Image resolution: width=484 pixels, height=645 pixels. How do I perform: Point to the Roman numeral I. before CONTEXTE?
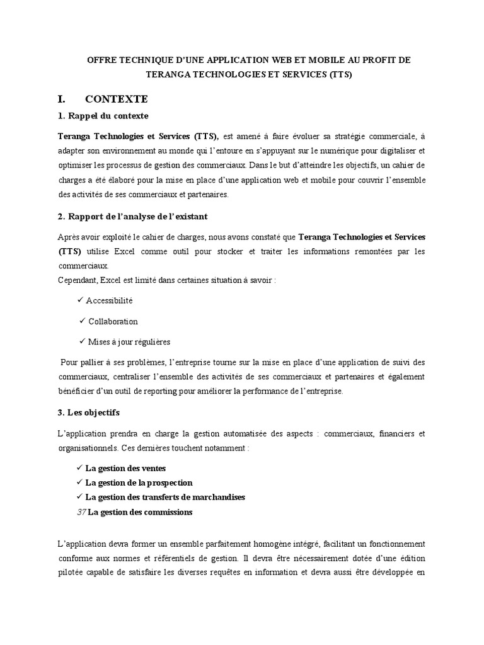(62, 99)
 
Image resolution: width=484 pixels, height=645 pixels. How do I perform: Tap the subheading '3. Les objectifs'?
(93, 413)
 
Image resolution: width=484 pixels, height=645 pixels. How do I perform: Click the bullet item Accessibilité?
(110, 300)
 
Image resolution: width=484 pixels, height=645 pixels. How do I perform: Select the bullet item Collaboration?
(113, 321)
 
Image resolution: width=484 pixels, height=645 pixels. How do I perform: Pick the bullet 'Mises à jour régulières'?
(129, 342)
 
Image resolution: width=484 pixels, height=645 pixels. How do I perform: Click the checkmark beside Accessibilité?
(80, 300)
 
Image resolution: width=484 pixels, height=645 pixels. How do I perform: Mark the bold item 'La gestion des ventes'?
(125, 469)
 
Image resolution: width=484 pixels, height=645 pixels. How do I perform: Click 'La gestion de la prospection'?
(139, 483)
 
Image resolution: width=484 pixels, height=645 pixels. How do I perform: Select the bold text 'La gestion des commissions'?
(140, 512)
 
